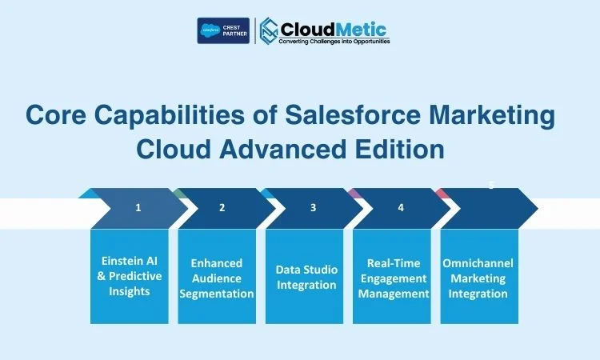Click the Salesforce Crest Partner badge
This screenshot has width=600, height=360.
pos(223,30)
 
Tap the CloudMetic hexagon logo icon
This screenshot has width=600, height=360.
pos(269,31)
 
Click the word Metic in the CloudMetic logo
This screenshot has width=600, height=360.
pos(361,30)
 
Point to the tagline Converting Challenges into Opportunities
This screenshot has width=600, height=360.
pos(334,41)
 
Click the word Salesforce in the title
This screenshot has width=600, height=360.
pos(353,114)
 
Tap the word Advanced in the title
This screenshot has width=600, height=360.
pos(282,149)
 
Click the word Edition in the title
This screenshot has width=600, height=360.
pos(399,149)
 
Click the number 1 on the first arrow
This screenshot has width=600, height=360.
pos(138,208)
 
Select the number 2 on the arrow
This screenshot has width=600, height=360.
pos(222,208)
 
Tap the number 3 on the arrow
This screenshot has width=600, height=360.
pos(313,208)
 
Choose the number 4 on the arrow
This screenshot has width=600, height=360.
pos(401,208)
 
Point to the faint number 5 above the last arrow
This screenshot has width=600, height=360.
pos(491,185)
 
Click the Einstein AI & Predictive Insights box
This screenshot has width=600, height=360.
pos(130,276)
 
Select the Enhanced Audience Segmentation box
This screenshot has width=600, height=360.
pos(217,276)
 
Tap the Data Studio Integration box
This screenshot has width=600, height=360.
pos(305,276)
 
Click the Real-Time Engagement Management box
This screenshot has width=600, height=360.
pos(392,276)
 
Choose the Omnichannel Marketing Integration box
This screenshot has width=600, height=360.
pos(479,276)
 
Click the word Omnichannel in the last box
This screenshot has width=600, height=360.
pos(478,263)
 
